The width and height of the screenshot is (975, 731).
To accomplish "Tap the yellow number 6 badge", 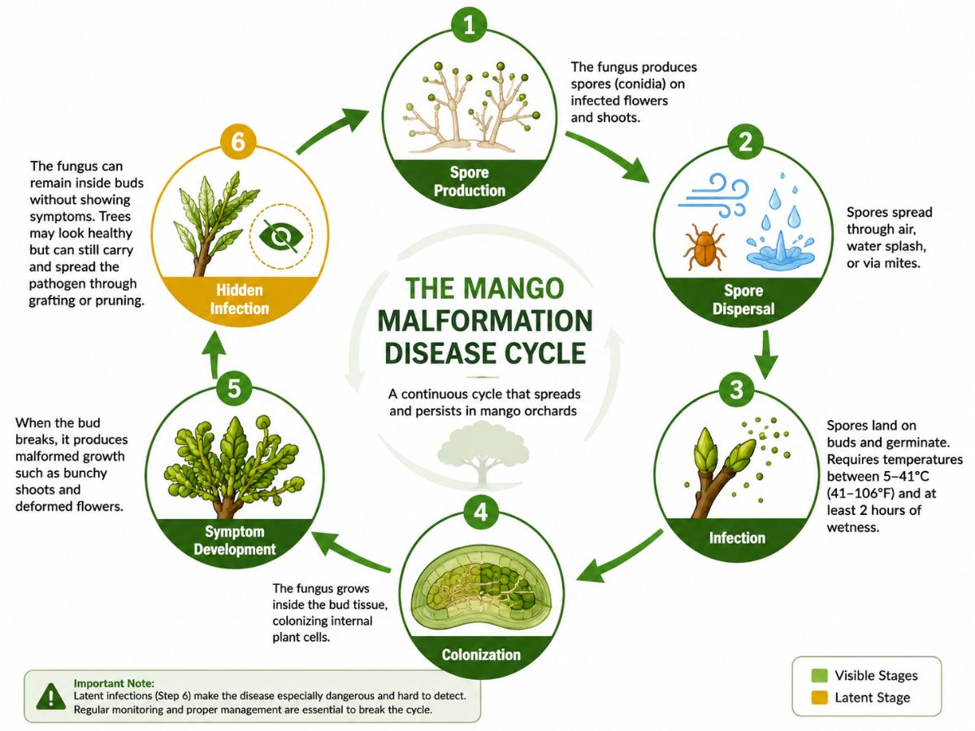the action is pos(238,142).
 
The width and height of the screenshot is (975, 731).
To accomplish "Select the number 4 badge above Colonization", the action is pos(481,513).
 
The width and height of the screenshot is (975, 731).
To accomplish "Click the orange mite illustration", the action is pos(704,246).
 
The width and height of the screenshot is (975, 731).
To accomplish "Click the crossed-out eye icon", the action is pos(281,236).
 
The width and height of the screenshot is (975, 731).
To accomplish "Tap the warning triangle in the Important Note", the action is pos(51,695).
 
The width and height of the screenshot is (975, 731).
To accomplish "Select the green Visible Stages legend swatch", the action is pos(819,675).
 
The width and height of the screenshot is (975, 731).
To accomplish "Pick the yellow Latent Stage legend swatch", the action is pos(819,697).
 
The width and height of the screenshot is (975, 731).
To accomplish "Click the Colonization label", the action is pos(481,655).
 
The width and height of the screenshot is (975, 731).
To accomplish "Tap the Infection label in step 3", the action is pos(737,538).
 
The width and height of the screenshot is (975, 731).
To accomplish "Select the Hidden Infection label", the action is pos(240,299).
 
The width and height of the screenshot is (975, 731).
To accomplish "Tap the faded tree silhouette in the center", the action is pos(483,453).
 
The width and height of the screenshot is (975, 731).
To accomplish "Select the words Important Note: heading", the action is pos(115,683).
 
